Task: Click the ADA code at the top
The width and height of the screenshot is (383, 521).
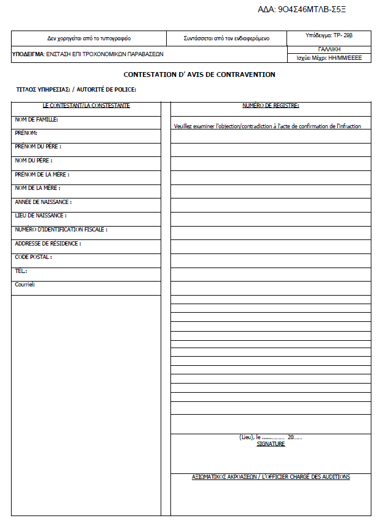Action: pos(307,10)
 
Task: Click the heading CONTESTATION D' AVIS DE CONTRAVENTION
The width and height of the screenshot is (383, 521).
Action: pos(199,75)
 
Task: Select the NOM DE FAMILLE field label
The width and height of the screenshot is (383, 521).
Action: pos(36,120)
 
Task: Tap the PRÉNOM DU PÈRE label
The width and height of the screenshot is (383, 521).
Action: pos(38,147)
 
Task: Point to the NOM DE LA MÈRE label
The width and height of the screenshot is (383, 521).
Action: pos(37,188)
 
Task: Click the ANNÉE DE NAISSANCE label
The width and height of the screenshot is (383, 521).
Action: pos(43,202)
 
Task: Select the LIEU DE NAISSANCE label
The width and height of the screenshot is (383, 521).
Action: pos(40,216)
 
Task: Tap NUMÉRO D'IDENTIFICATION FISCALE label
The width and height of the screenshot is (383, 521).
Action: pos(61,230)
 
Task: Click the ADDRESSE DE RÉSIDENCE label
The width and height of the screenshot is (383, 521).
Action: pos(48,243)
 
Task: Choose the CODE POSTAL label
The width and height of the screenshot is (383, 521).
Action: pos(33,257)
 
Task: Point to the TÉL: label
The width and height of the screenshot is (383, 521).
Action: pos(21,271)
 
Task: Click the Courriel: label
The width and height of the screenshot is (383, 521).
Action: pos(25,285)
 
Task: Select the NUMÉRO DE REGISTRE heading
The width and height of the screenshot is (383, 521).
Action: pos(271,106)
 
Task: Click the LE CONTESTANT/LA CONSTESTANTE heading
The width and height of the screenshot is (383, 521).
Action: pos(86,106)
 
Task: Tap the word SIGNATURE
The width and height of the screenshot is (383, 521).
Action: pos(271,444)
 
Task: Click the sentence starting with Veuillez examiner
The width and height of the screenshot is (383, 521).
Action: pos(267,126)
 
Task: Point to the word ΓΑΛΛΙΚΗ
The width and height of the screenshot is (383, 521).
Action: pos(329,49)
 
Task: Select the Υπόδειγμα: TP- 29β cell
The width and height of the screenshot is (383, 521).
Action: pos(329,35)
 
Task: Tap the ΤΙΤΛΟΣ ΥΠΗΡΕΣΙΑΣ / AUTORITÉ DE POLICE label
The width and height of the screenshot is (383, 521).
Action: pos(76,90)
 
